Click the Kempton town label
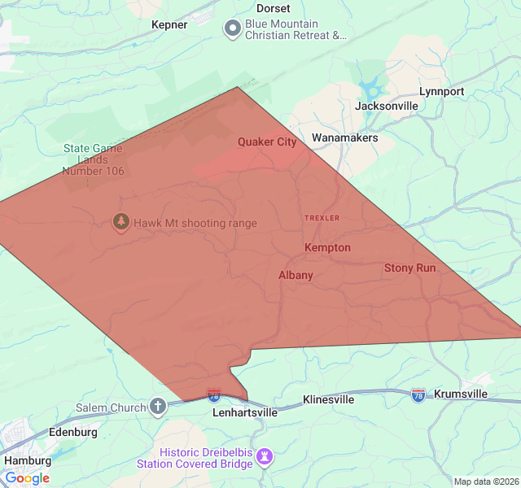[x=327, y=247]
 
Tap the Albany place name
[x=296, y=275]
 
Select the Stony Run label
[x=409, y=268]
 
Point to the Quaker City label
[x=267, y=142]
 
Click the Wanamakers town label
[x=344, y=138]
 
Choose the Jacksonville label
[x=387, y=106]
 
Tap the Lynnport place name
[x=441, y=91]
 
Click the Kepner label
[x=169, y=24]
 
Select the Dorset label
[x=273, y=8]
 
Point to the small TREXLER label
[x=322, y=218]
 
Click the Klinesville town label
[x=329, y=400]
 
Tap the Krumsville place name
[x=461, y=394]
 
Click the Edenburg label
[x=73, y=432]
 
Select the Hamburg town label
[x=28, y=460]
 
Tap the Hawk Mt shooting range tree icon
[x=121, y=222]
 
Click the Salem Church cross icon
[x=158, y=406]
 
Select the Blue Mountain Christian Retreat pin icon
[x=232, y=29]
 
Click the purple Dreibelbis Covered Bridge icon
[x=264, y=458]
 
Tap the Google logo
[x=27, y=478]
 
